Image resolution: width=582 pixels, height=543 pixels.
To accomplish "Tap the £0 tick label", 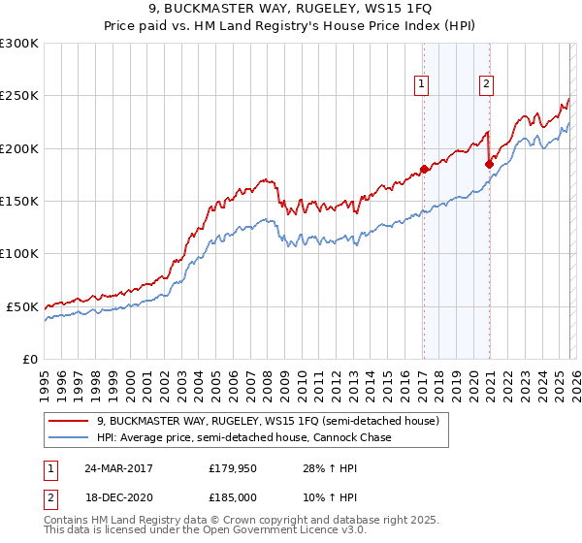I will pyautogui.click(x=30, y=359).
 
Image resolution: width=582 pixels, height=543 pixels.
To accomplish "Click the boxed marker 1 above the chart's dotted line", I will pyautogui.click(x=423, y=84).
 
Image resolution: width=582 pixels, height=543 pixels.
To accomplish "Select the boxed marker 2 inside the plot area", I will pyautogui.click(x=486, y=84).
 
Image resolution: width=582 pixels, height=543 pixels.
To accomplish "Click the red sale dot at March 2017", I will pyautogui.click(x=424, y=170).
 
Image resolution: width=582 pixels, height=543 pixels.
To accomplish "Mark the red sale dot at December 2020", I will pyautogui.click(x=489, y=165).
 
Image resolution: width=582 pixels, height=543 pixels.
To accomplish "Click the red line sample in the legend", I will pyautogui.click(x=70, y=421).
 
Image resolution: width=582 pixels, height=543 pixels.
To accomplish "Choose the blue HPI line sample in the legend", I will pyautogui.click(x=70, y=437).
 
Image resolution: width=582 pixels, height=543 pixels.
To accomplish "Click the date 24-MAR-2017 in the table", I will pyautogui.click(x=139, y=469).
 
